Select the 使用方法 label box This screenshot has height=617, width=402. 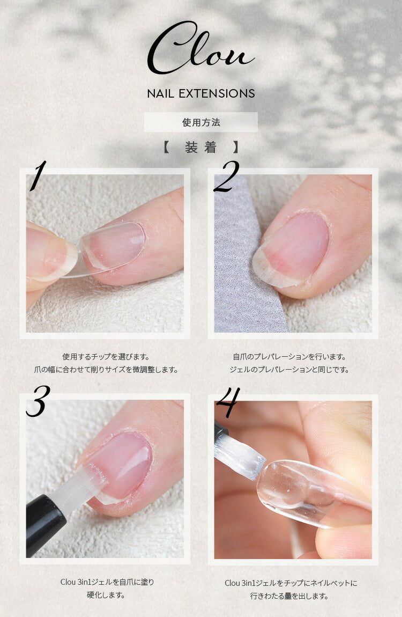coord(201,122)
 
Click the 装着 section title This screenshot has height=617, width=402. coord(201,147)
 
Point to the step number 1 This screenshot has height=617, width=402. coord(38,175)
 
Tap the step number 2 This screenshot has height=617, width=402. coord(226,177)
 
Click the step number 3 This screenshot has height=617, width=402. coord(38,401)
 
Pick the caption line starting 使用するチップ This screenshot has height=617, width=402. coord(106,357)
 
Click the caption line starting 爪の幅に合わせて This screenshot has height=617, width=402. coord(106,370)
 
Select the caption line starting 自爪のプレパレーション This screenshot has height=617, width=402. coord(289,357)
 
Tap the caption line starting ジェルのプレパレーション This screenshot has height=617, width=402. coord(289,370)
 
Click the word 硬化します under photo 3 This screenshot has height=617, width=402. coord(106,594)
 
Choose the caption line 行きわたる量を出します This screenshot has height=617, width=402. coord(289,596)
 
